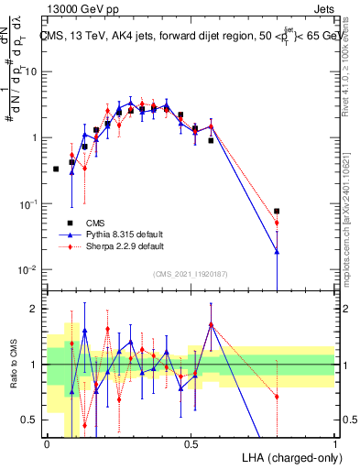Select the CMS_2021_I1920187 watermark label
click(x=190, y=273)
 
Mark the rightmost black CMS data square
click(x=277, y=211)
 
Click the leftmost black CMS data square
click(x=56, y=169)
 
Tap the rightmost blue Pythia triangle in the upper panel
click(x=277, y=251)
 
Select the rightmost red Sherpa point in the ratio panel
click(x=277, y=397)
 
